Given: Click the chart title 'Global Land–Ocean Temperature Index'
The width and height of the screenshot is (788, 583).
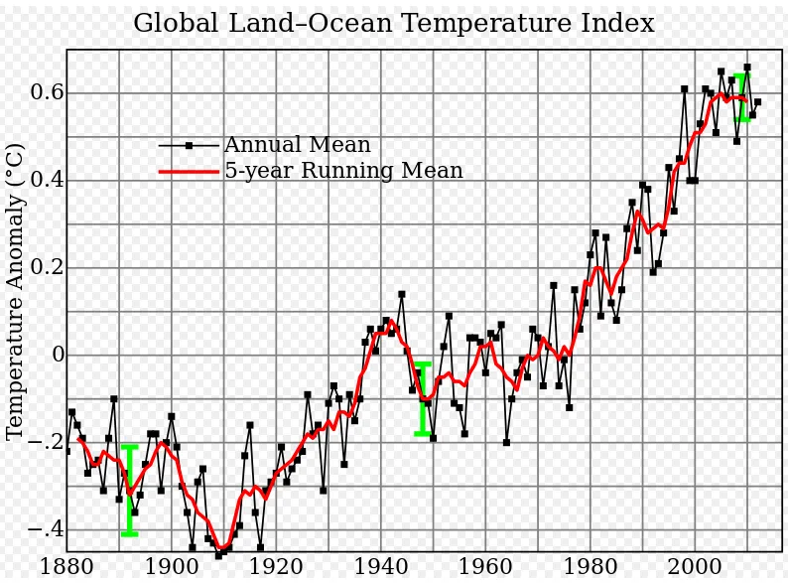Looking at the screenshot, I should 393,23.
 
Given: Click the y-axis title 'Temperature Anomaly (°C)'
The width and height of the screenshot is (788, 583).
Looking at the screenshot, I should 15,291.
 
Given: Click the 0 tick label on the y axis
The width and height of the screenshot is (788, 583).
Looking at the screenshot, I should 58,355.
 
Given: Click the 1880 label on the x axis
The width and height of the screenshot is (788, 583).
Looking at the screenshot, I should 66,568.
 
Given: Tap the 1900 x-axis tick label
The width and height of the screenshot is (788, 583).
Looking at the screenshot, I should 171,568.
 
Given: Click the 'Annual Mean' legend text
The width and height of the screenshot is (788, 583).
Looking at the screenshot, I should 297,146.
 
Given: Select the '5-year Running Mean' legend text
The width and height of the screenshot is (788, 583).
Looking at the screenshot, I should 343,171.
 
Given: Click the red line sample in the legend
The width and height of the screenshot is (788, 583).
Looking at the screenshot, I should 189,171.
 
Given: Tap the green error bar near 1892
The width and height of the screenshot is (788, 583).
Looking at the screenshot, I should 129,491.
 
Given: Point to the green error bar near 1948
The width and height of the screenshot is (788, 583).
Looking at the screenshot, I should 423,398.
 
